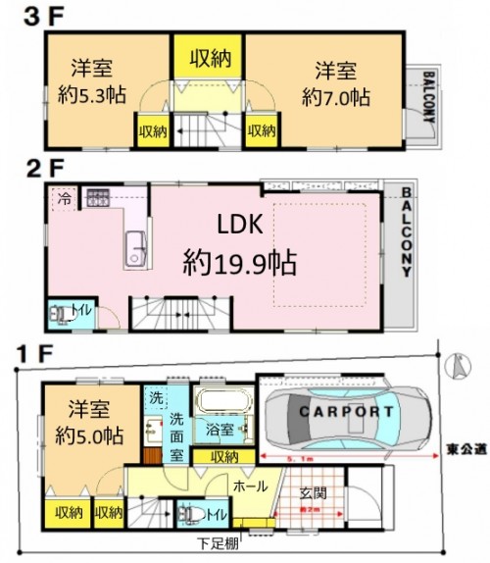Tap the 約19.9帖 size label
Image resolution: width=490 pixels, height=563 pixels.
pyautogui.click(x=240, y=263)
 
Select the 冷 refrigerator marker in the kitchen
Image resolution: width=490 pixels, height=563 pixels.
pyautogui.click(x=64, y=196)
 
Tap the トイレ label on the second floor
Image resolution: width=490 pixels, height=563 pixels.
pyautogui.click(x=79, y=311)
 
